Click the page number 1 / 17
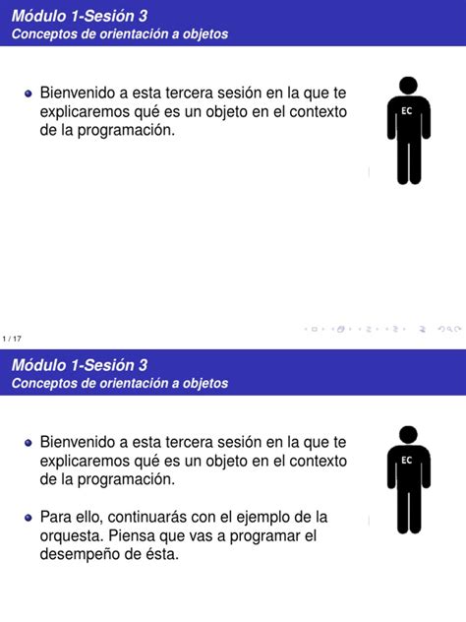(x=12, y=339)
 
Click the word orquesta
(x=71, y=535)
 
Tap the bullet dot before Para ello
(x=29, y=518)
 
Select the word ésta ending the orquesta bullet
(x=160, y=554)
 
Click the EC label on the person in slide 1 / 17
(x=407, y=111)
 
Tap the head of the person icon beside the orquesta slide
(x=408, y=435)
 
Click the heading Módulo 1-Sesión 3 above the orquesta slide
(x=80, y=365)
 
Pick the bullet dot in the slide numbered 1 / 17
(x=29, y=94)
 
